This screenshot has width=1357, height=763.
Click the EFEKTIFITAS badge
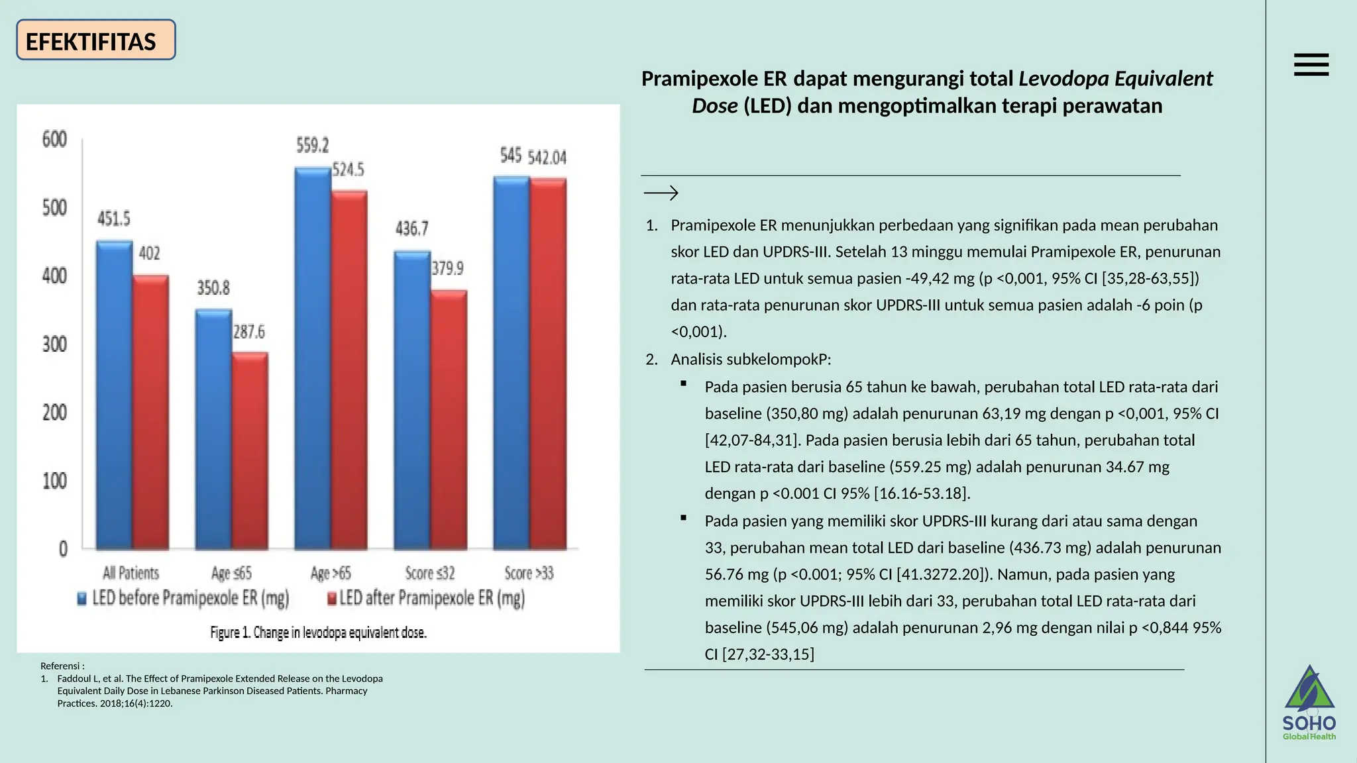95,40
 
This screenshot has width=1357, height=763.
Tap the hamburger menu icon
1311,65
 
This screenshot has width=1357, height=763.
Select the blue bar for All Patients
114,395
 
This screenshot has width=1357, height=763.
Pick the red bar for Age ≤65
250,450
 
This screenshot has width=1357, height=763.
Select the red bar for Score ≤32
449,420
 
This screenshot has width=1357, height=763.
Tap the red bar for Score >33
548,364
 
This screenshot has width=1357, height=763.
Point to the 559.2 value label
312,145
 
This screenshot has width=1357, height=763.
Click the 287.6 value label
248,332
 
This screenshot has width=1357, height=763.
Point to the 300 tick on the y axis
55,344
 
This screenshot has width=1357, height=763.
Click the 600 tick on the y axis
55,140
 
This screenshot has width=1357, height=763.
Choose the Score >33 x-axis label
528,573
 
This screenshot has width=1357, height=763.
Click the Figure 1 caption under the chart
318,633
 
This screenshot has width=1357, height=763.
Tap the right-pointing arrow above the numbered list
661,193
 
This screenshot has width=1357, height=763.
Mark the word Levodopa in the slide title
1063,79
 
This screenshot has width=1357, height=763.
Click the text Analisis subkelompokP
750,360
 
